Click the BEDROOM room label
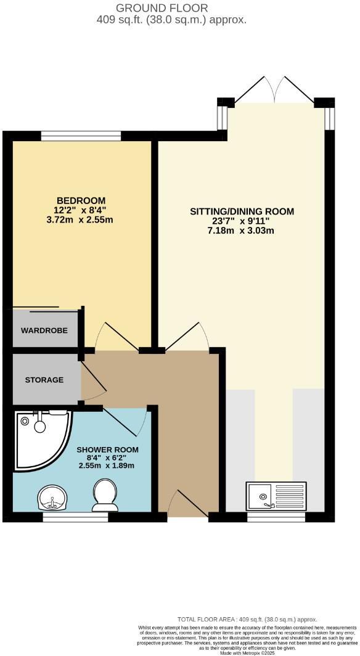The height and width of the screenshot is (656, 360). coord(81,200)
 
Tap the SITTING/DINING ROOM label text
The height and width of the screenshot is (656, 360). coord(242,211)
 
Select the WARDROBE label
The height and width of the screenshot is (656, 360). coord(44,330)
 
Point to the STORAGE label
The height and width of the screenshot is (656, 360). coord(44,380)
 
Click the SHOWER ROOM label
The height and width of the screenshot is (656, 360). coord(107,449)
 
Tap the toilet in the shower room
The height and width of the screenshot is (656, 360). coord(105,496)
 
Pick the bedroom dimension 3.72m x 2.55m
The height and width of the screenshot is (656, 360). coord(81,219)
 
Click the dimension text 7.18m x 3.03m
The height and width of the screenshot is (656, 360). coord(242,231)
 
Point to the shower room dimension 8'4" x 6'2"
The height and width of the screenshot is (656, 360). coord(107,458)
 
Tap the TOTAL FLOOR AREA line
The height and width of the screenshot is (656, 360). coord(247,619)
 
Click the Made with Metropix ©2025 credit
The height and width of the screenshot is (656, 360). coord(247,653)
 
